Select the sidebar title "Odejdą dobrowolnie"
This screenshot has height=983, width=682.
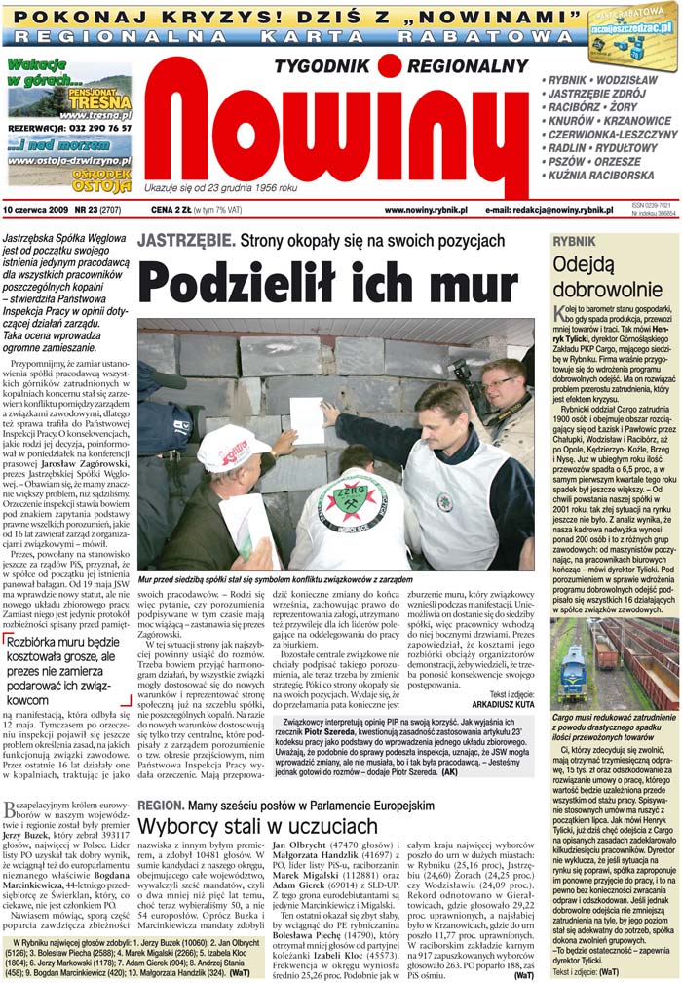pyautogui.click(x=595, y=276)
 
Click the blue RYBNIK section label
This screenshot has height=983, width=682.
pyautogui.click(x=575, y=241)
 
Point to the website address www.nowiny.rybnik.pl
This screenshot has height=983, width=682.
pyautogui.click(x=426, y=210)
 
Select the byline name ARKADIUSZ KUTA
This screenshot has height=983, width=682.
pyautogui.click(x=499, y=701)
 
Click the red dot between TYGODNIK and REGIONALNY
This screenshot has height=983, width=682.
pyautogui.click(x=390, y=65)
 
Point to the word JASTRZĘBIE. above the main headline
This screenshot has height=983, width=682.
pyautogui.click(x=185, y=240)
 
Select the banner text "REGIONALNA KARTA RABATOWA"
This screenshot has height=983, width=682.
pyautogui.click(x=292, y=35)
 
